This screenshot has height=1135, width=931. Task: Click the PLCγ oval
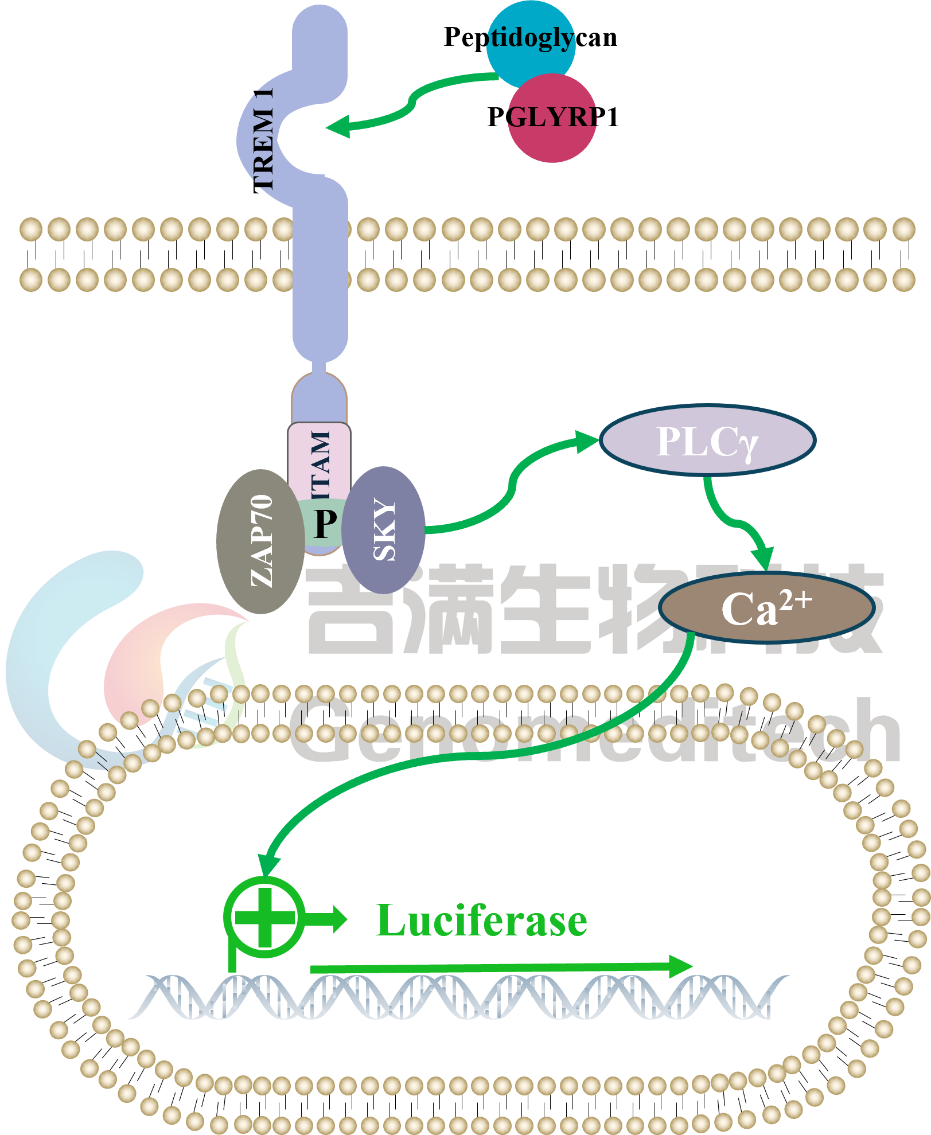[707, 440]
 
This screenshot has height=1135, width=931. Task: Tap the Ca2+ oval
[766, 608]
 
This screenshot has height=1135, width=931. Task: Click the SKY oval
[384, 530]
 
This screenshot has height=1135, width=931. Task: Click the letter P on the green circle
[325, 523]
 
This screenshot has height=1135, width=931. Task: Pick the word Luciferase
[481, 921]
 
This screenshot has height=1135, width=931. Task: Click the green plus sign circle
[264, 916]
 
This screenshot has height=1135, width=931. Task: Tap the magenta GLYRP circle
[552, 118]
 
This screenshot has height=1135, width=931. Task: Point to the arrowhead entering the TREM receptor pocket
[338, 126]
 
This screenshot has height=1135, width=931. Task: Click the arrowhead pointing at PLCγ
[587, 441]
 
